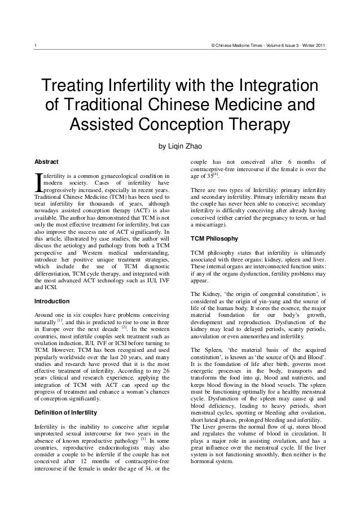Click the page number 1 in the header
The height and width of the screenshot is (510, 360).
(x=36, y=46)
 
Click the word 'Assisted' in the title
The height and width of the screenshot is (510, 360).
(x=104, y=124)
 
